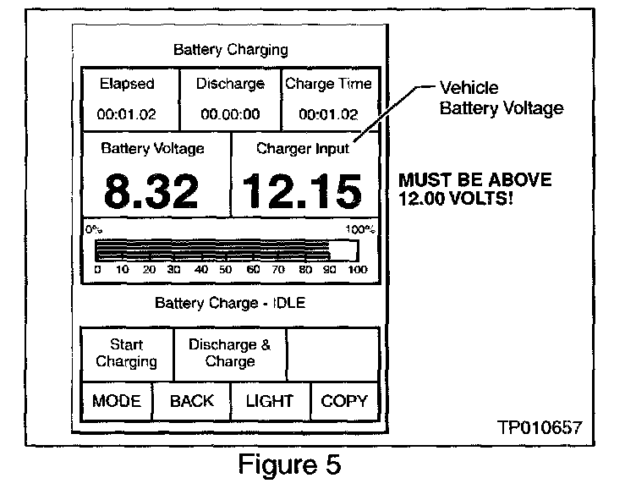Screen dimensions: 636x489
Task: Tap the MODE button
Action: pos(117,401)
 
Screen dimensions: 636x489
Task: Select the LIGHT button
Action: pos(269,401)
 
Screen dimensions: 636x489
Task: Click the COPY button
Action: pos(344,401)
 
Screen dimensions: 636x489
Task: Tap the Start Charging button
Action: pos(127,354)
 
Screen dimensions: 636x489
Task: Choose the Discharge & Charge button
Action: pos(229,354)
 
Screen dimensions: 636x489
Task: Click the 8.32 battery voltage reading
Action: pos(152,191)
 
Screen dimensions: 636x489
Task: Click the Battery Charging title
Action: pos(230,49)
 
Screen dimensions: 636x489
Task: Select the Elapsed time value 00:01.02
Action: pos(127,114)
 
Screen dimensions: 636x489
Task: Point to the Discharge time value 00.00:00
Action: pos(230,114)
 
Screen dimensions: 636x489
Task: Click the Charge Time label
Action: pos(328,84)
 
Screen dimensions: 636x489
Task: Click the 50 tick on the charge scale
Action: pos(227,270)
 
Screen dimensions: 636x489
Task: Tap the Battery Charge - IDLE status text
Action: pos(230,303)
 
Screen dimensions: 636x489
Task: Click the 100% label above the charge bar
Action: pos(361,229)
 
